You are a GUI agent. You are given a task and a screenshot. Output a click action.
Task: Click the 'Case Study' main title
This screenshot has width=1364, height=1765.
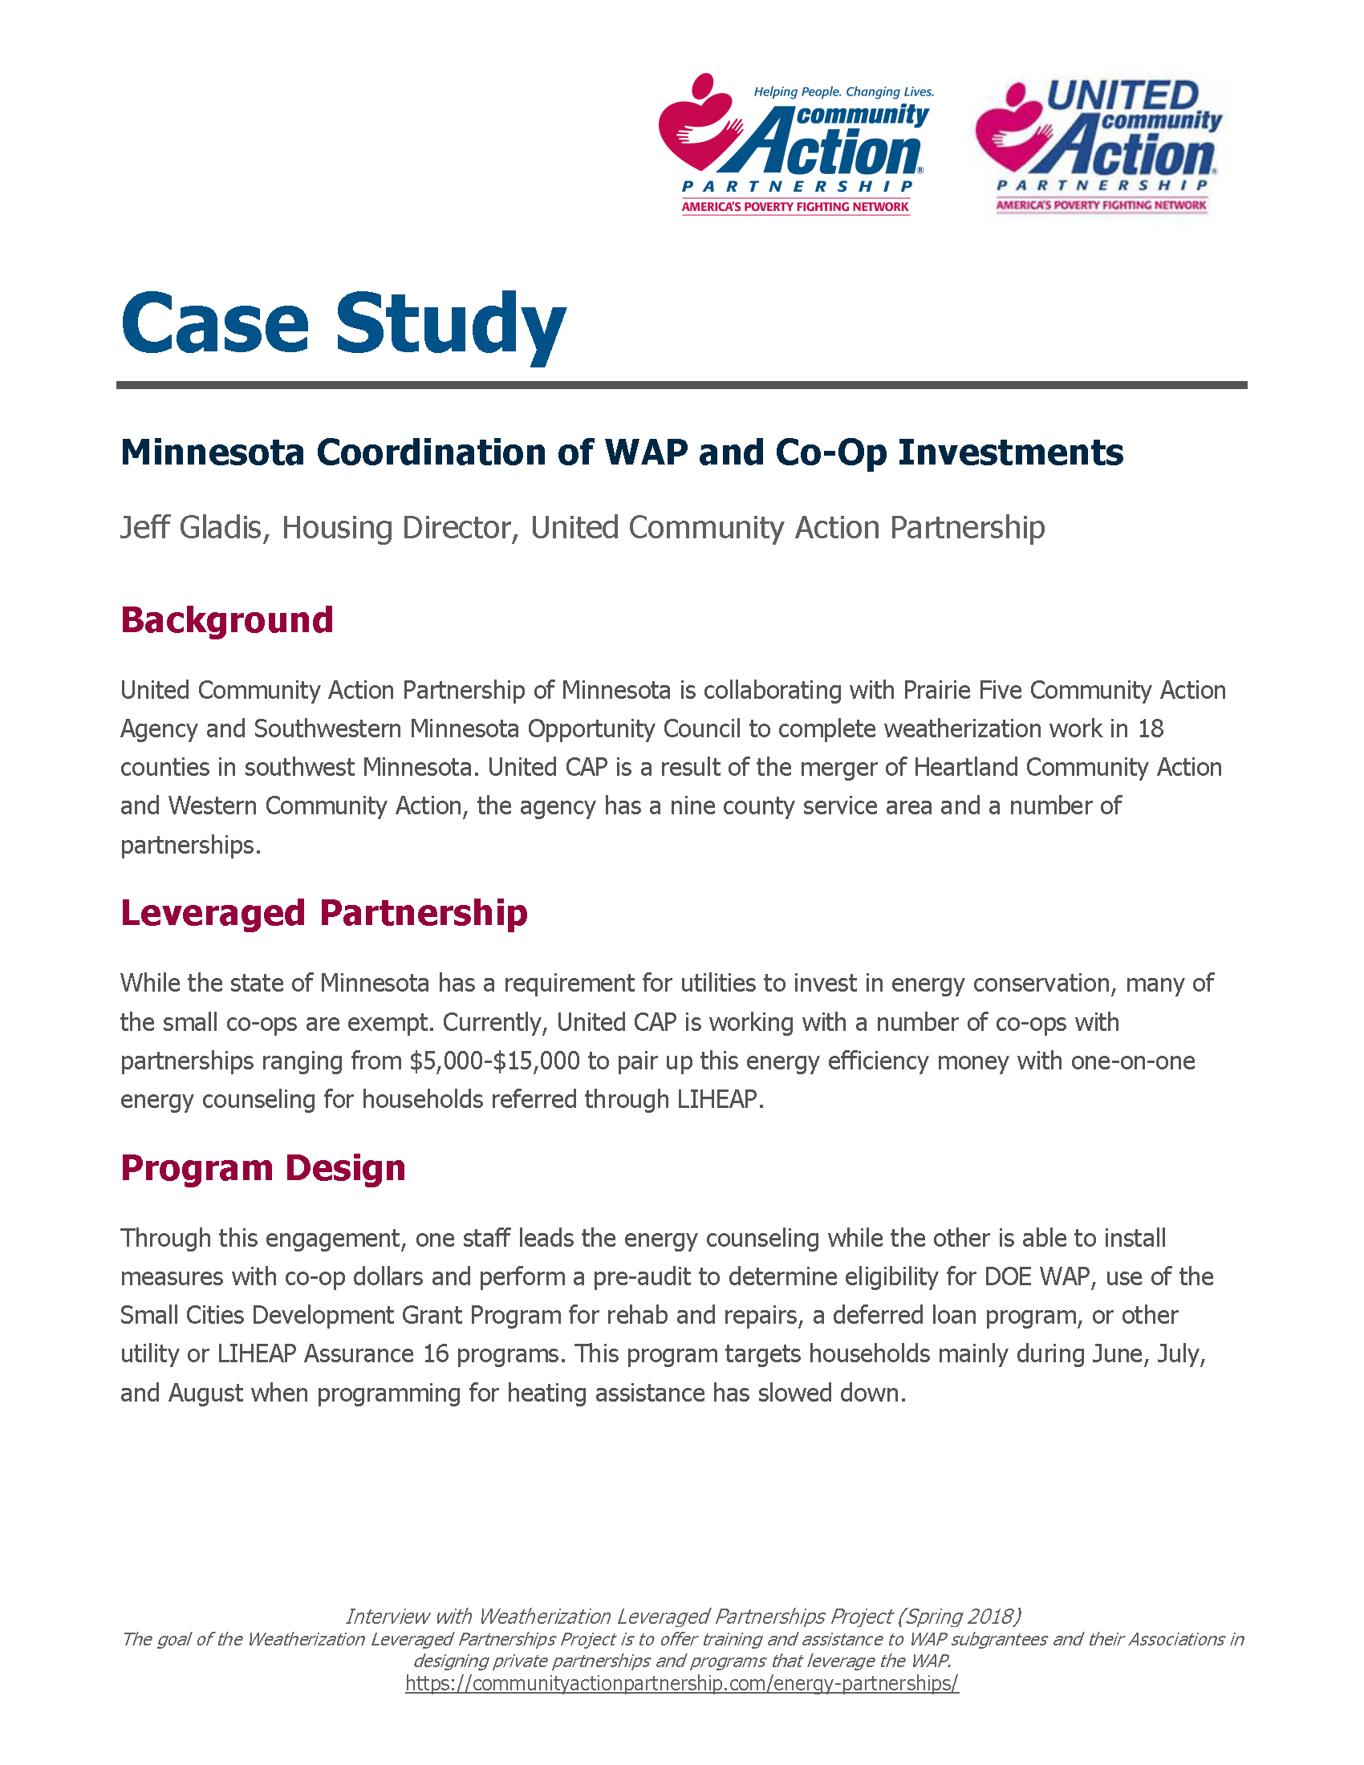(x=343, y=325)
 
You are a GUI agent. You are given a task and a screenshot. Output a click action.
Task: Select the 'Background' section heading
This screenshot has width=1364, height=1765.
(x=226, y=621)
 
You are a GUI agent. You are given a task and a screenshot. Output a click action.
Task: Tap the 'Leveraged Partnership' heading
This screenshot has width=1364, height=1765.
(x=323, y=913)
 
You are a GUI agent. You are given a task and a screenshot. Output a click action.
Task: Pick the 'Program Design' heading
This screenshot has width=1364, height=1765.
(x=262, y=1169)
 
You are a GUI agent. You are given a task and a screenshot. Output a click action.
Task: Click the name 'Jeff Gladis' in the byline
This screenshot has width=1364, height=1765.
(x=194, y=528)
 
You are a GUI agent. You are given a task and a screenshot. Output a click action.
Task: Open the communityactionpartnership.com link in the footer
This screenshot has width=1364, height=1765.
(x=681, y=1683)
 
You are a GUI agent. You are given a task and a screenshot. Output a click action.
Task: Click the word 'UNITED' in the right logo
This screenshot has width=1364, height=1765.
(x=1123, y=95)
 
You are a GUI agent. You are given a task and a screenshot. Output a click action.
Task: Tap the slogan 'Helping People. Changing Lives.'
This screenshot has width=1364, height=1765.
(x=843, y=92)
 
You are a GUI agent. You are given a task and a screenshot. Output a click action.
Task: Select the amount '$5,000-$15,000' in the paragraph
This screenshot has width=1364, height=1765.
(x=494, y=1061)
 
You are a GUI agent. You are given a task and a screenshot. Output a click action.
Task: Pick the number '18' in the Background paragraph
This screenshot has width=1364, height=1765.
(x=1150, y=729)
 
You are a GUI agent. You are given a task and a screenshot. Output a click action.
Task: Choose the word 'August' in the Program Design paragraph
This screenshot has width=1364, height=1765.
(x=205, y=1394)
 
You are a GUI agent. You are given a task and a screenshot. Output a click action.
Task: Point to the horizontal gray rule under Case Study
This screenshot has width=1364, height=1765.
(x=681, y=385)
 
